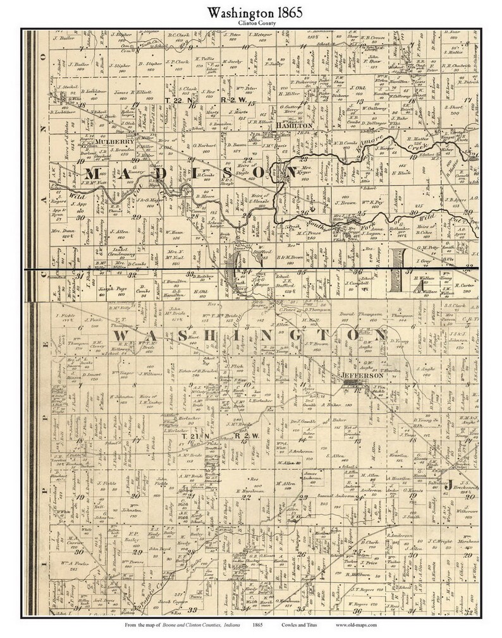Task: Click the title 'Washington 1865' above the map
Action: (x=250, y=11)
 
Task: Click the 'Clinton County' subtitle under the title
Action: (x=250, y=23)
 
